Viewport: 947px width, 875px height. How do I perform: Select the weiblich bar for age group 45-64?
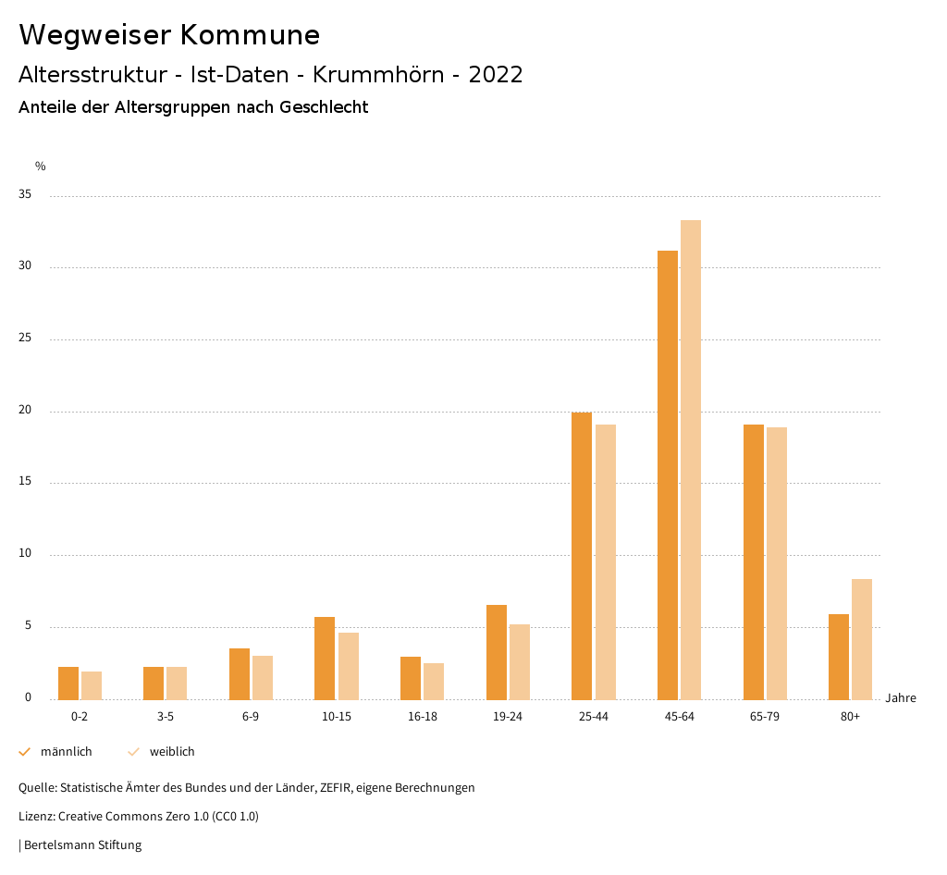[691, 460]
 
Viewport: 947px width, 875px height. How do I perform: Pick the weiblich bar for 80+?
[862, 639]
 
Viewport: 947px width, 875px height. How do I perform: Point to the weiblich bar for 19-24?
[520, 661]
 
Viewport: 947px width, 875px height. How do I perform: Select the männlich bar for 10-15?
[325, 658]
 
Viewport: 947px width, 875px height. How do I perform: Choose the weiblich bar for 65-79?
[777, 563]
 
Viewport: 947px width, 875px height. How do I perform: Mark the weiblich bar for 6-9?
[263, 677]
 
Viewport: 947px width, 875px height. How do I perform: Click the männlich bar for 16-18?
[411, 678]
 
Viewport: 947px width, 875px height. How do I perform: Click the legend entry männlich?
[66, 752]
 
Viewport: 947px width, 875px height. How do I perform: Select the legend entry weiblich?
[172, 752]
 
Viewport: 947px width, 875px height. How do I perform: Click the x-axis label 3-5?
[166, 717]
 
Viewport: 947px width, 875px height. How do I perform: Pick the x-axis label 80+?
[850, 717]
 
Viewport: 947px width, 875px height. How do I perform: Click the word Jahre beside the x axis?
[901, 698]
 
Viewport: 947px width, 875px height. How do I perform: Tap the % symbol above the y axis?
[41, 166]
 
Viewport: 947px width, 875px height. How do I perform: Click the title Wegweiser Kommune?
[169, 35]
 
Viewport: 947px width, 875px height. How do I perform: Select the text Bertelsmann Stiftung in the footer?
[83, 844]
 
